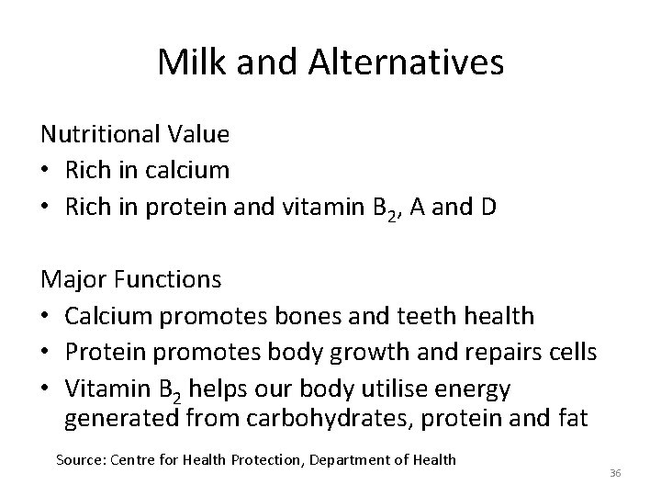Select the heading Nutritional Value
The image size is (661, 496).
click(x=135, y=135)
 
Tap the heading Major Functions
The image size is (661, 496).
click(x=129, y=276)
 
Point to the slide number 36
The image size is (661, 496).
click(x=615, y=472)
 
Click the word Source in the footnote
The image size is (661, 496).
click(x=79, y=458)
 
